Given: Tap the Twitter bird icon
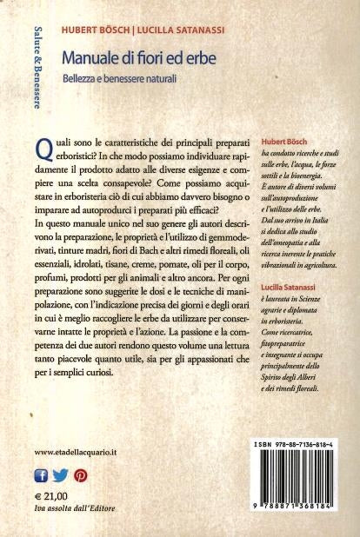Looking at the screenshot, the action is point(60,475).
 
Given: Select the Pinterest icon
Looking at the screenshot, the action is point(80,475).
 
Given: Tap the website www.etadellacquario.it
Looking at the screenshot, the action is point(79,453).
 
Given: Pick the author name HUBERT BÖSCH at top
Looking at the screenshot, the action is point(94,30).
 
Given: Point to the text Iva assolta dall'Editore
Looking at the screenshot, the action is point(74,507).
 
